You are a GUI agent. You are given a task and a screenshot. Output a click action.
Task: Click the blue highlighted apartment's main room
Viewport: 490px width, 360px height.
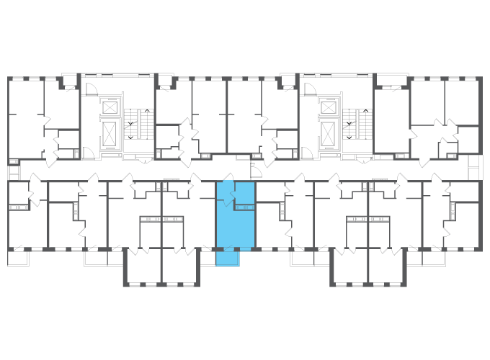(235, 228)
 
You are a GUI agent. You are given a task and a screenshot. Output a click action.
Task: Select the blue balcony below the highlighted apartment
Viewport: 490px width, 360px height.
(227, 258)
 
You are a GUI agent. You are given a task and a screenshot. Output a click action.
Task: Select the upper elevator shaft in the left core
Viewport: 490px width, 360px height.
(110, 107)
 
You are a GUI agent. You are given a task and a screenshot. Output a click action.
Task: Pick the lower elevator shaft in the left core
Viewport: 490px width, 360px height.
(110, 132)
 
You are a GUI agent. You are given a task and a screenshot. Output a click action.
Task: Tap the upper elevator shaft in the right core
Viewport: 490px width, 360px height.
(329, 107)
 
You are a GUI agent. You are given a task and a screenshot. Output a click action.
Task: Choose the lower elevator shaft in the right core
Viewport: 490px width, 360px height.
(329, 132)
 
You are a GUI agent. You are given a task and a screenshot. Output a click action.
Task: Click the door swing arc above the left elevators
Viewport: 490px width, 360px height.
(92, 89)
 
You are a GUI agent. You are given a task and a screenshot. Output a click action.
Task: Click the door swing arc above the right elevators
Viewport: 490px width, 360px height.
(310, 89)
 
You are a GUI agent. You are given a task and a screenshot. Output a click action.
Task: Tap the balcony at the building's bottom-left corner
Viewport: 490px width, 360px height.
(18, 258)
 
